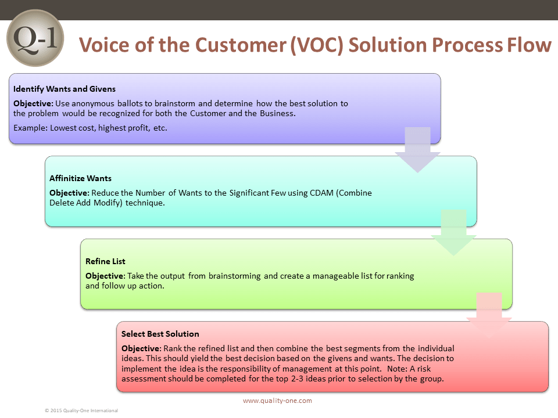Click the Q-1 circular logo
pyautogui.click(x=35, y=38)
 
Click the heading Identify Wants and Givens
pyautogui.click(x=65, y=89)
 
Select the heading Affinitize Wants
pyautogui.click(x=80, y=178)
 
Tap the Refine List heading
pyautogui.click(x=105, y=261)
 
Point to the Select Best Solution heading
pyautogui.click(x=160, y=334)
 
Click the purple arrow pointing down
pyautogui.click(x=418, y=150)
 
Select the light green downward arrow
pyautogui.click(x=454, y=232)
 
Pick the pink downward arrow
pyautogui.click(x=489, y=315)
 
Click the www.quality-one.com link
pyautogui.click(x=278, y=401)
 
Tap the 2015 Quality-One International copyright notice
pyautogui.click(x=81, y=410)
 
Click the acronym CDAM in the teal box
pyautogui.click(x=321, y=193)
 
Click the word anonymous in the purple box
pyautogui.click(x=93, y=103)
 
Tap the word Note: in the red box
pyautogui.click(x=397, y=369)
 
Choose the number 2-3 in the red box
pyautogui.click(x=297, y=379)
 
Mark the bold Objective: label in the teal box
pyautogui.click(x=69, y=193)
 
